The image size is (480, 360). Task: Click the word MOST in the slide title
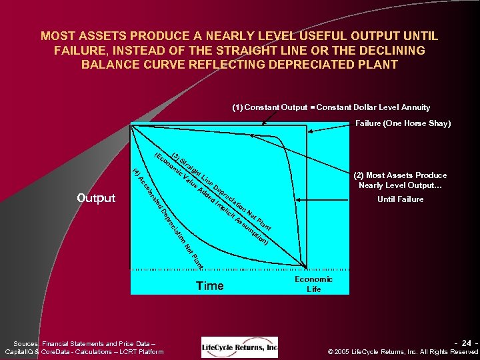[x=56, y=36]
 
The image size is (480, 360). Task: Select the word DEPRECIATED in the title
[x=304, y=65]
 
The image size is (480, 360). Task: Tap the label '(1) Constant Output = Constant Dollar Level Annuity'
[x=331, y=107]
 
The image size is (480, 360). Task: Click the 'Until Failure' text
[x=400, y=199]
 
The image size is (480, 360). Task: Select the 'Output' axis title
[x=96, y=198]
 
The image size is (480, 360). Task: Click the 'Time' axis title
[x=209, y=286]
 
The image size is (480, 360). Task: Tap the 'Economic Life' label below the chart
[x=313, y=284]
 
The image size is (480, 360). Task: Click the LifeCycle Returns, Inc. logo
[x=239, y=347]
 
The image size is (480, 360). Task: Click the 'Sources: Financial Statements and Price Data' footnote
[x=84, y=343]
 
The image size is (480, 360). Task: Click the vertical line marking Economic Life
[x=307, y=200]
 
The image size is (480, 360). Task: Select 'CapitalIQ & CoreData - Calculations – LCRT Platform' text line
[x=84, y=351]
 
